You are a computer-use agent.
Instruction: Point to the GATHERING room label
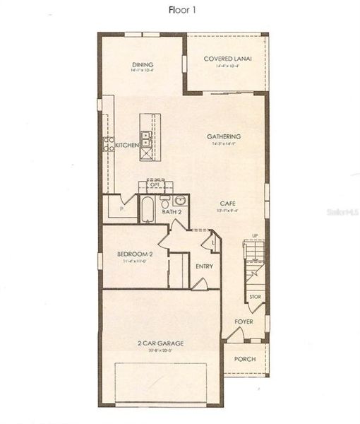pyautogui.click(x=224, y=136)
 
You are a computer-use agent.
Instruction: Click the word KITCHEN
pyautogui.click(x=127, y=145)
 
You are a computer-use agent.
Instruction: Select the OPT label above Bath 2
pyautogui.click(x=154, y=184)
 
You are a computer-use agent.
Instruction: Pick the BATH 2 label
pyautogui.click(x=172, y=211)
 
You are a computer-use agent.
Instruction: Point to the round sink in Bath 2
pyautogui.click(x=179, y=199)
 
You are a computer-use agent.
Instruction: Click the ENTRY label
pyautogui.click(x=204, y=266)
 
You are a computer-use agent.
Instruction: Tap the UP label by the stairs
pyautogui.click(x=255, y=236)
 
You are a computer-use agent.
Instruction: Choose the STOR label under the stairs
pyautogui.click(x=254, y=297)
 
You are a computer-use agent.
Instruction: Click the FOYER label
pyautogui.click(x=244, y=322)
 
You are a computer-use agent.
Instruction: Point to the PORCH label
pyautogui.click(x=244, y=358)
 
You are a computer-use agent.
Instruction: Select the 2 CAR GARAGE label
pyautogui.click(x=160, y=343)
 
